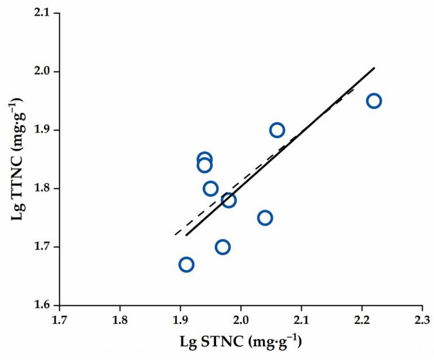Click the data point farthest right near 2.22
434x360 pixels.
click(374, 101)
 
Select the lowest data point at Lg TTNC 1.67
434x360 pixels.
click(186, 264)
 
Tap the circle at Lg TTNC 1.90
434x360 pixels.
click(277, 130)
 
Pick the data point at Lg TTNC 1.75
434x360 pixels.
click(265, 217)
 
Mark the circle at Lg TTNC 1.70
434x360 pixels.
click(223, 247)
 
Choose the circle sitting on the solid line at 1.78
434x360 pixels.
click(229, 200)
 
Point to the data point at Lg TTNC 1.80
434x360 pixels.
click(211, 188)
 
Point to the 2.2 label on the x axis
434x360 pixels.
click(362, 322)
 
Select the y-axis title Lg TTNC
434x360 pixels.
click(15, 159)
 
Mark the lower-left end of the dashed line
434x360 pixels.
click(175, 234)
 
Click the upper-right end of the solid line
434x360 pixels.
click(374, 68)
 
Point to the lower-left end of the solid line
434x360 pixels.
click(186, 235)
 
